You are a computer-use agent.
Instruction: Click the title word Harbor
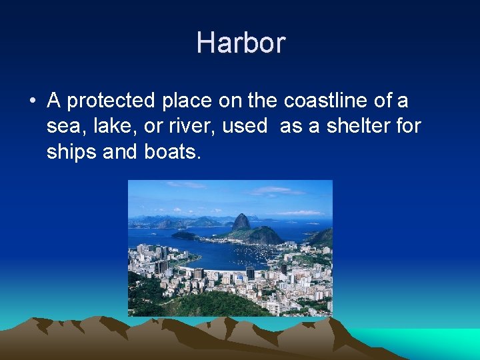tap(241, 43)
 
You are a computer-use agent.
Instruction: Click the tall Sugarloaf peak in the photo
tap(241, 222)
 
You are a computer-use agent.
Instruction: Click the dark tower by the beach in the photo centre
tap(250, 273)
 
